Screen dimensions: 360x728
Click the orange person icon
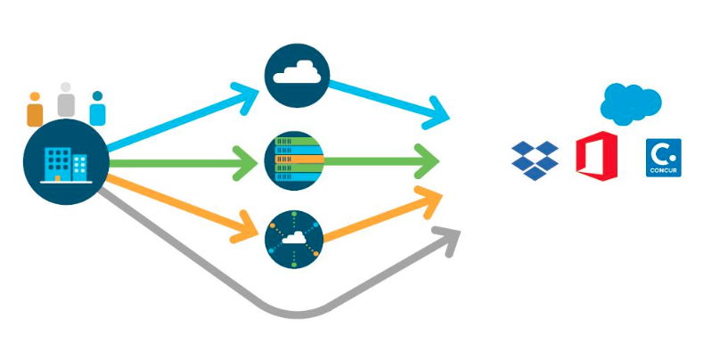tap(35, 109)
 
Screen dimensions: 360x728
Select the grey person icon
tap(66, 100)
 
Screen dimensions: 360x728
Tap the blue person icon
tap(97, 109)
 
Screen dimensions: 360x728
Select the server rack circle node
tap(297, 161)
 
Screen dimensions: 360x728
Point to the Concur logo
tap(663, 157)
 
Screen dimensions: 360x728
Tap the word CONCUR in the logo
tap(663, 168)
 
